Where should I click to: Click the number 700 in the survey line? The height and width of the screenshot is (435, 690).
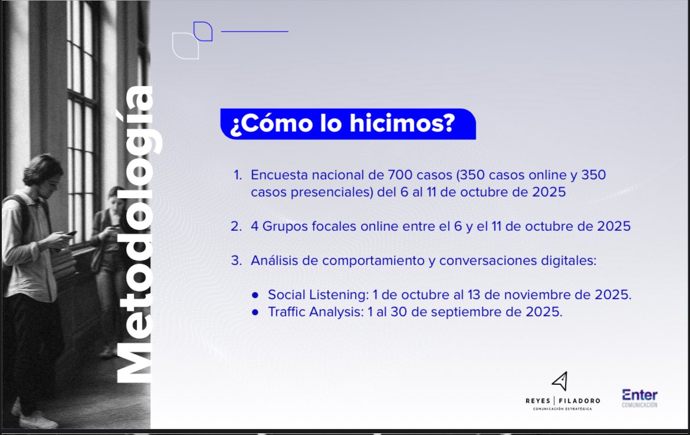(402, 175)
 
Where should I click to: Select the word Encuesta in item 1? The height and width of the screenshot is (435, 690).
(277, 175)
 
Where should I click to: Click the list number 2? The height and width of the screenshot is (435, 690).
(236, 227)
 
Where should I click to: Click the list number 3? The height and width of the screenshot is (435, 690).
(236, 260)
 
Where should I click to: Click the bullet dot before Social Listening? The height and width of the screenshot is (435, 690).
(255, 295)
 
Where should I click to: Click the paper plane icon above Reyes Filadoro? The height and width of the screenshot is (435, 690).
(560, 381)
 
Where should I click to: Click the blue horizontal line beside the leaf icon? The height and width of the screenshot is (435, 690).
(255, 31)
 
